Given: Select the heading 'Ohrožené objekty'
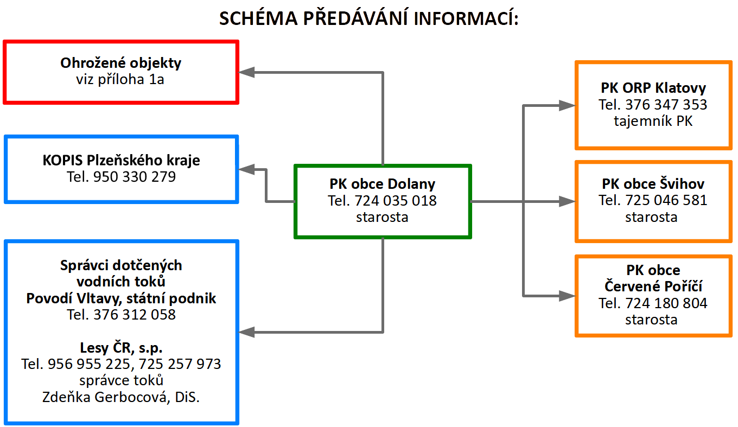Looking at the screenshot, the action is [x=121, y=63].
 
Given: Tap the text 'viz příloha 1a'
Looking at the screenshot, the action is [x=120, y=79].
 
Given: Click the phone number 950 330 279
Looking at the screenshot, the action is [x=135, y=177].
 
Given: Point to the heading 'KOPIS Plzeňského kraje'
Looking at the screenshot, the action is [x=121, y=161].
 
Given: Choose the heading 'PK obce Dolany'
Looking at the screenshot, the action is [x=383, y=184].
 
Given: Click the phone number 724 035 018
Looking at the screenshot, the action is [x=396, y=201].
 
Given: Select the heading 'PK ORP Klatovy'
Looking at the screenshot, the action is [x=653, y=88].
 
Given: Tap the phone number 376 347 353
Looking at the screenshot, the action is [x=666, y=105].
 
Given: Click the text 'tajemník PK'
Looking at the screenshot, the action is [x=653, y=121].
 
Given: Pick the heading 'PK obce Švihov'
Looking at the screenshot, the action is [x=653, y=184].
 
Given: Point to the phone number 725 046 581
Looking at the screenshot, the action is [x=666, y=200].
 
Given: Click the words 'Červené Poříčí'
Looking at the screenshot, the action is [x=653, y=286].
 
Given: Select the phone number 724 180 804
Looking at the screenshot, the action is [x=666, y=303].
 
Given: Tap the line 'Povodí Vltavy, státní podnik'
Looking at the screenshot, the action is [x=121, y=298].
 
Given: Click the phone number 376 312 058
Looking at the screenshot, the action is [x=135, y=315].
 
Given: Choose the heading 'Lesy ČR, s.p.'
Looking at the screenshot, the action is [x=121, y=348].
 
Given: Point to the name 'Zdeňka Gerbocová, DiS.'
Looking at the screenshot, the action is [x=121, y=397].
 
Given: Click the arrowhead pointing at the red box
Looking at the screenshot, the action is [x=246, y=72].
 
